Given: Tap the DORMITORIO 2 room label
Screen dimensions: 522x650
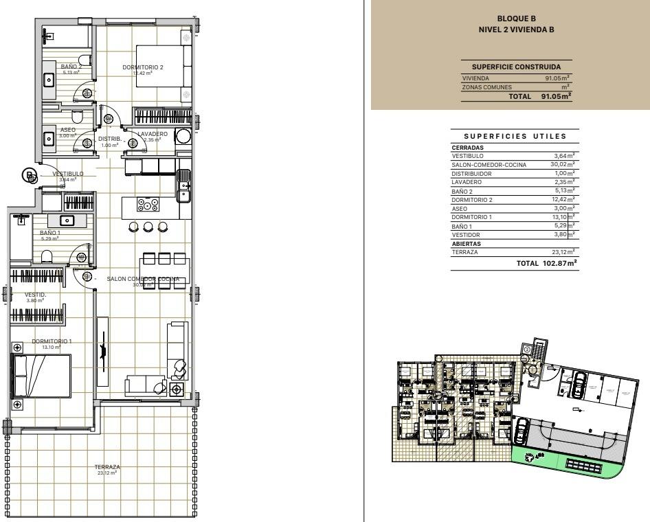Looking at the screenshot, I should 143,67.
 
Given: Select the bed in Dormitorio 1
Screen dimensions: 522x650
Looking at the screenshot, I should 41,376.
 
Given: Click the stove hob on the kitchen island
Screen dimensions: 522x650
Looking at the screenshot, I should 148,205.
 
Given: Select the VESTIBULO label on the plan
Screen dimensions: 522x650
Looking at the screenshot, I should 68,174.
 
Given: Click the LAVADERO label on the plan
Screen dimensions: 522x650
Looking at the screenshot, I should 152,134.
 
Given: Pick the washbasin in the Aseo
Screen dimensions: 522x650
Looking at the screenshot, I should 49,139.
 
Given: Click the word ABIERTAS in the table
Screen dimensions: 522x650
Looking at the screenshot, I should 466,243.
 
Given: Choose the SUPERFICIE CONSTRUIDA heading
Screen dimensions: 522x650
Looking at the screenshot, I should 516,67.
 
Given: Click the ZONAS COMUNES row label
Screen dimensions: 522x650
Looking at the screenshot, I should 486,87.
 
